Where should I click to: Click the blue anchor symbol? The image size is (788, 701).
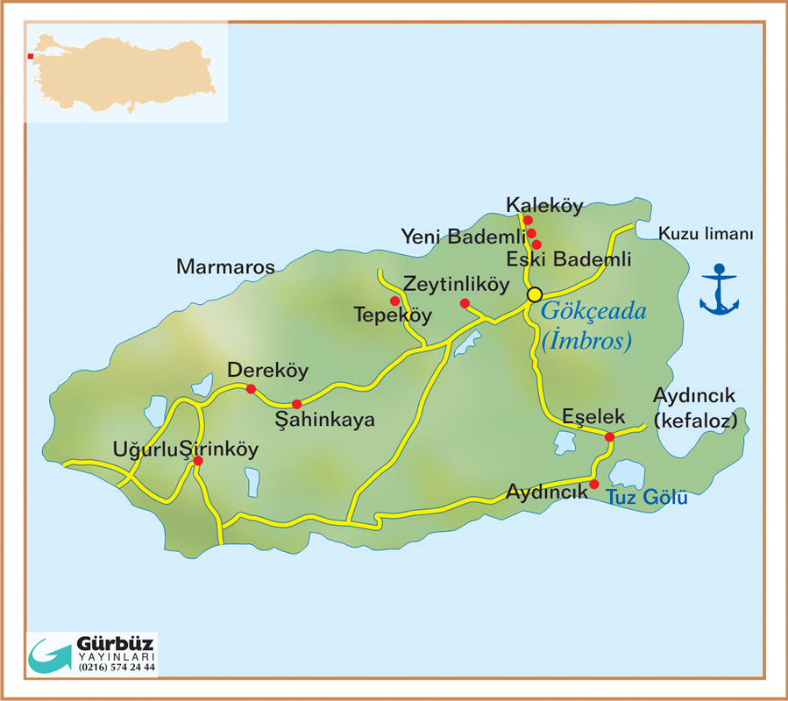tap(719, 289)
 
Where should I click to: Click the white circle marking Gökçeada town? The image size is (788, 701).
tap(534, 294)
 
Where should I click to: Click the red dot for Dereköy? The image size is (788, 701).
tap(251, 389)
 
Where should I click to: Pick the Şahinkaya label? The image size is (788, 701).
tap(325, 420)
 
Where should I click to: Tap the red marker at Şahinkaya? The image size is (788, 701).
tap(296, 404)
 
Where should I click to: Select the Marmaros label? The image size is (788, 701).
tap(225, 266)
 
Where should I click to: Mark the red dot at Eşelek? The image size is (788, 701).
tap(609, 435)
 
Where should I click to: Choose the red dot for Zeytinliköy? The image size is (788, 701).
tap(465, 303)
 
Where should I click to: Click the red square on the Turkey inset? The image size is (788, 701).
tap(31, 56)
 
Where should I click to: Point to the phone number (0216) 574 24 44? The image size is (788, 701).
tap(117, 668)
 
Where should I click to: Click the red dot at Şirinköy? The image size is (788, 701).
tap(198, 460)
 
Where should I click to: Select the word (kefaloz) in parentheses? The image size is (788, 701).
tap(696, 421)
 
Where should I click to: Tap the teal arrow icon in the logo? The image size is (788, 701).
tap(51, 655)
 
